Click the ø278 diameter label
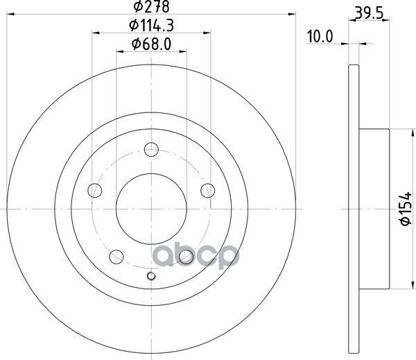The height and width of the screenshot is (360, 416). [151, 6]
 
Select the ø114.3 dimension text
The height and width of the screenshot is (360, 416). [151, 26]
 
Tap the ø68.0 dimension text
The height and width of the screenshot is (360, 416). [151, 44]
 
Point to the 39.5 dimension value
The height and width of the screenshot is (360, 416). [369, 13]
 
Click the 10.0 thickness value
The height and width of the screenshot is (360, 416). [320, 37]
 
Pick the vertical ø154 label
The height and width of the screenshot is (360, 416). [406, 209]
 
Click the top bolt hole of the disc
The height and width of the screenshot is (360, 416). [151, 149]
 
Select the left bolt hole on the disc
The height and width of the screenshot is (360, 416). [95, 190]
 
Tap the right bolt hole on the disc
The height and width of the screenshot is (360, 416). [208, 190]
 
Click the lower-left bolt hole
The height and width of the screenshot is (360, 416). [116, 257]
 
